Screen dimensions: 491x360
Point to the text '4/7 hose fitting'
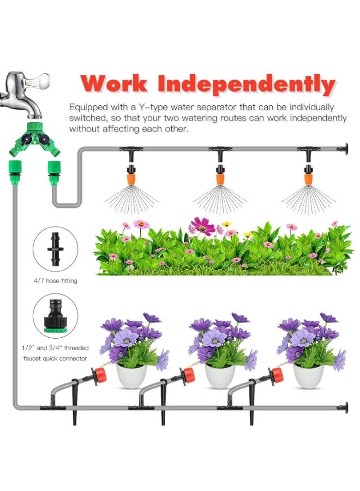(x=56, y=281)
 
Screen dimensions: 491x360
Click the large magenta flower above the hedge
(x=202, y=226)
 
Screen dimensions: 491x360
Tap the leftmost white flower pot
(x=131, y=375)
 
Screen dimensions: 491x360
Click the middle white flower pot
(x=220, y=375)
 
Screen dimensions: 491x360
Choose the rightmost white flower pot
(x=308, y=375)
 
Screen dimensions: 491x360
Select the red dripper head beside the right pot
(x=275, y=375)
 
